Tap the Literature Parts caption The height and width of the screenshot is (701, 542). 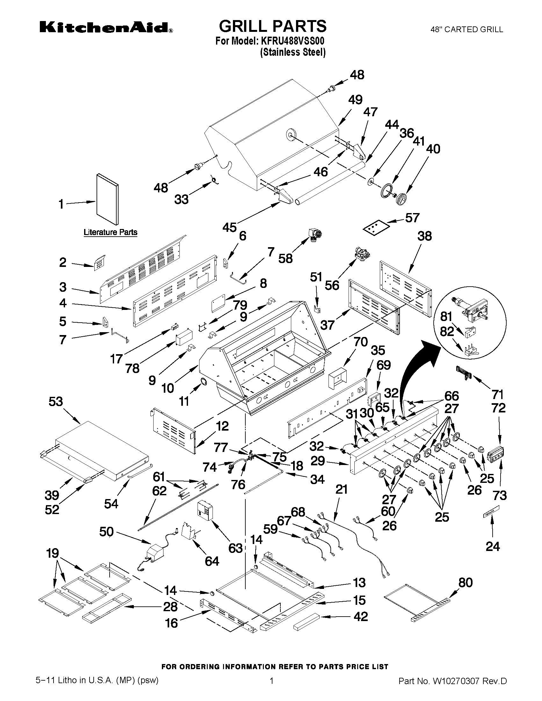(111, 232)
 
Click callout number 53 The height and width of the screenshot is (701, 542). (56, 402)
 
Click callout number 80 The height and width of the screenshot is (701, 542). (465, 582)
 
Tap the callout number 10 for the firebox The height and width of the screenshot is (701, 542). (167, 388)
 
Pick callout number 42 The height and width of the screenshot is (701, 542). (361, 616)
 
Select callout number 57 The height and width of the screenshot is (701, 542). (412, 218)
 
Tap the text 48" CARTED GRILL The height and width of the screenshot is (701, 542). (466, 30)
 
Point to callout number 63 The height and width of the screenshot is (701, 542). (235, 548)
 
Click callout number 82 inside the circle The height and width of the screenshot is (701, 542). (447, 332)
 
